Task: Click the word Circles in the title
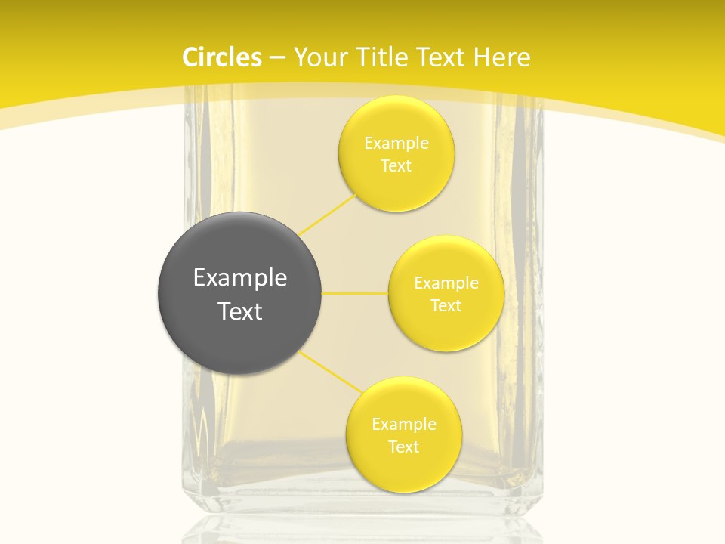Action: [x=222, y=57]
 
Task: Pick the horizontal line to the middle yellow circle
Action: [x=354, y=293]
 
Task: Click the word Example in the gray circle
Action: [x=240, y=278]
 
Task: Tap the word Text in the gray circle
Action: [x=240, y=311]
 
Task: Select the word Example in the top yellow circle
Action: [x=396, y=144]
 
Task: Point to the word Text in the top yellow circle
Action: [x=396, y=166]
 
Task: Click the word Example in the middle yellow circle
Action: [x=446, y=283]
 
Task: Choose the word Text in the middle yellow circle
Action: [x=446, y=306]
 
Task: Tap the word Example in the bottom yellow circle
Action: [x=404, y=425]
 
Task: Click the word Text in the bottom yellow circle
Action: [x=403, y=447]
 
